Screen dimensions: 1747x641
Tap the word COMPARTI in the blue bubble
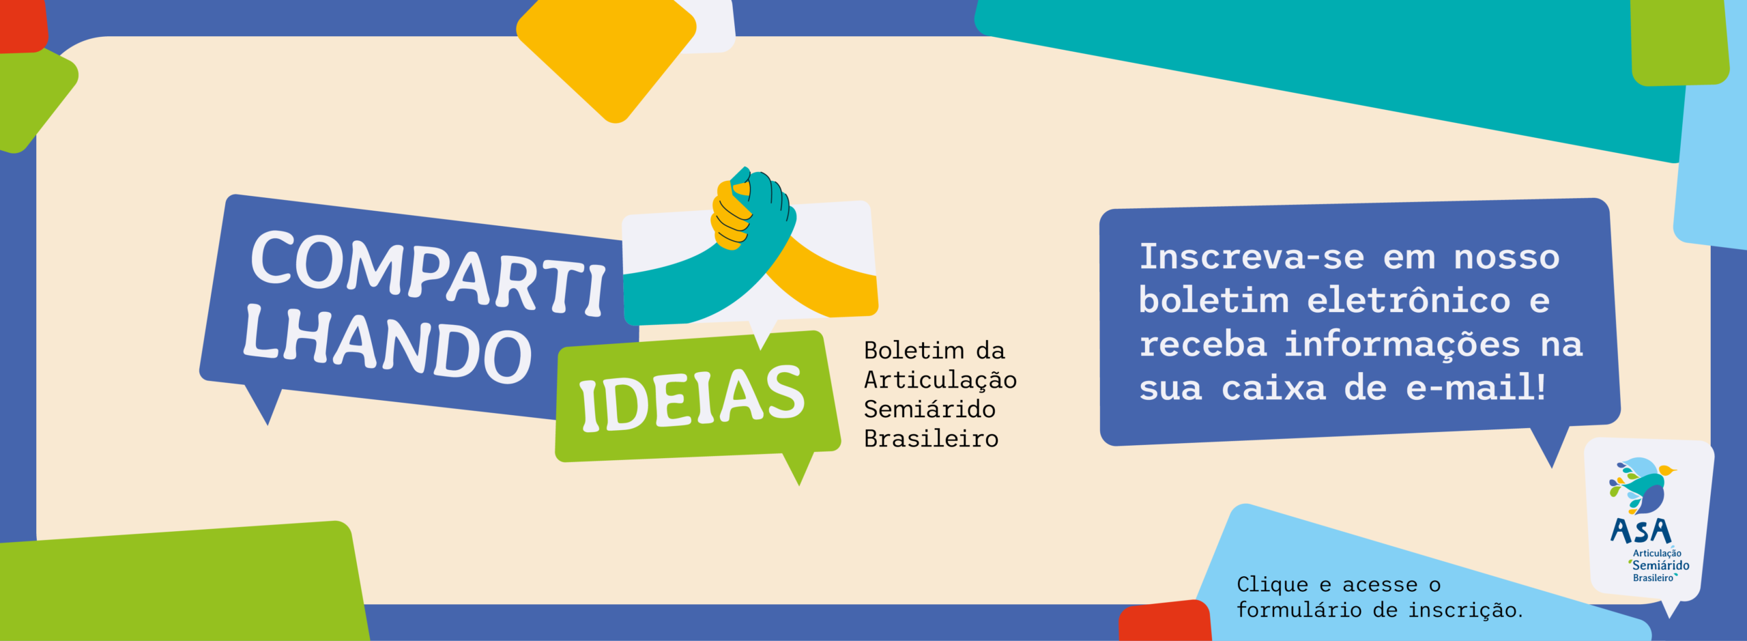[x=429, y=272]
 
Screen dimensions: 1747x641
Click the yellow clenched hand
[x=731, y=214]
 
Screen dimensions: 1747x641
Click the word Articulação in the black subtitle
[x=940, y=380]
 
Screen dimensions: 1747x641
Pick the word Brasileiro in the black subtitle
[x=932, y=438]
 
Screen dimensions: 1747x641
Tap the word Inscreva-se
[x=1252, y=257]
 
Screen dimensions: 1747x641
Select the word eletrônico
[x=1409, y=300]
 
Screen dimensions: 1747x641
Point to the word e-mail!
[x=1475, y=388]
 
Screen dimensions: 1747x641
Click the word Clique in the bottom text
[x=1272, y=585]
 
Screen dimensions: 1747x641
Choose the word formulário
[x=1299, y=610]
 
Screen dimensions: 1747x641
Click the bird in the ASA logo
[x=1641, y=485]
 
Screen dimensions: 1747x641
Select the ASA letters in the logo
[x=1641, y=531]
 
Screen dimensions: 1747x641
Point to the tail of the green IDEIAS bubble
[x=798, y=468]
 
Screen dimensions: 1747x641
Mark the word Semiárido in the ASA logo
[x=1661, y=565]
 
